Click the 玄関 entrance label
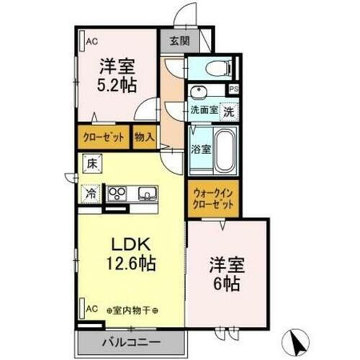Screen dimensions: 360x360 pos(180,41)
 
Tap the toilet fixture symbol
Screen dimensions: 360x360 pos(215,69)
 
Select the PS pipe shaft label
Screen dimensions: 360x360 pos(233,90)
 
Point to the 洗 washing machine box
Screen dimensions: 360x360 pos(228,112)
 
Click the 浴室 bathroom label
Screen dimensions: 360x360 pos(201,150)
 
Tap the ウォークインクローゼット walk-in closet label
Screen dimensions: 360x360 pos(214,199)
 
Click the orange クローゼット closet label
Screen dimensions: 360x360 pos(104,137)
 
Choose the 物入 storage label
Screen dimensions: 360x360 pos(143,137)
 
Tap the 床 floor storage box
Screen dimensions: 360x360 pos(91,164)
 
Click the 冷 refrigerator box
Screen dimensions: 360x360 pos(91,193)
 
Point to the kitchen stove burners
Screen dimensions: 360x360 pos(117,194)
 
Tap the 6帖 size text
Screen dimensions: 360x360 pos(228,283)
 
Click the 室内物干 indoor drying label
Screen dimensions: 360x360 pos(135,310)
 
